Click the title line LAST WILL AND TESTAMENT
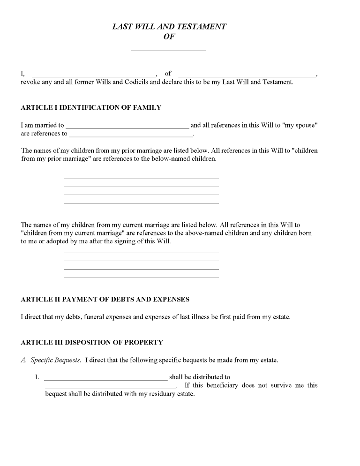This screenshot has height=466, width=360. [169, 27]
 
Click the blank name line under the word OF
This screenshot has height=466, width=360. [168, 50]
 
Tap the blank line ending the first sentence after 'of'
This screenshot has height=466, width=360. [247, 75]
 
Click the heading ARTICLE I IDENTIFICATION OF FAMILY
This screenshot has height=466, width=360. [91, 107]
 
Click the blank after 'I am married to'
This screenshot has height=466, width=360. [127, 127]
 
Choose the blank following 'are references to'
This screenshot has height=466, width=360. [131, 135]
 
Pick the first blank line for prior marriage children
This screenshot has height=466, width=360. [141, 178]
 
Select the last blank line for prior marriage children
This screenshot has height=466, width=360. [141, 203]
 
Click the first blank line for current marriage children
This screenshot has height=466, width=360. [141, 252]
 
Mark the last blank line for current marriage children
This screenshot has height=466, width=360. [141, 277]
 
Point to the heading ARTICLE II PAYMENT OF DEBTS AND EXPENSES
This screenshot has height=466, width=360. [105, 299]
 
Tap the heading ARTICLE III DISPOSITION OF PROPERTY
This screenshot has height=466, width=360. [92, 342]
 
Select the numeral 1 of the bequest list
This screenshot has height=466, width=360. [37, 377]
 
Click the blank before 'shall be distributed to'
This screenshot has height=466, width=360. [105, 379]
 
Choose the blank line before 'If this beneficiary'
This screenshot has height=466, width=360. [110, 387]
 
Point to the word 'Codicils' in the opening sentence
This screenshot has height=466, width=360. [135, 82]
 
